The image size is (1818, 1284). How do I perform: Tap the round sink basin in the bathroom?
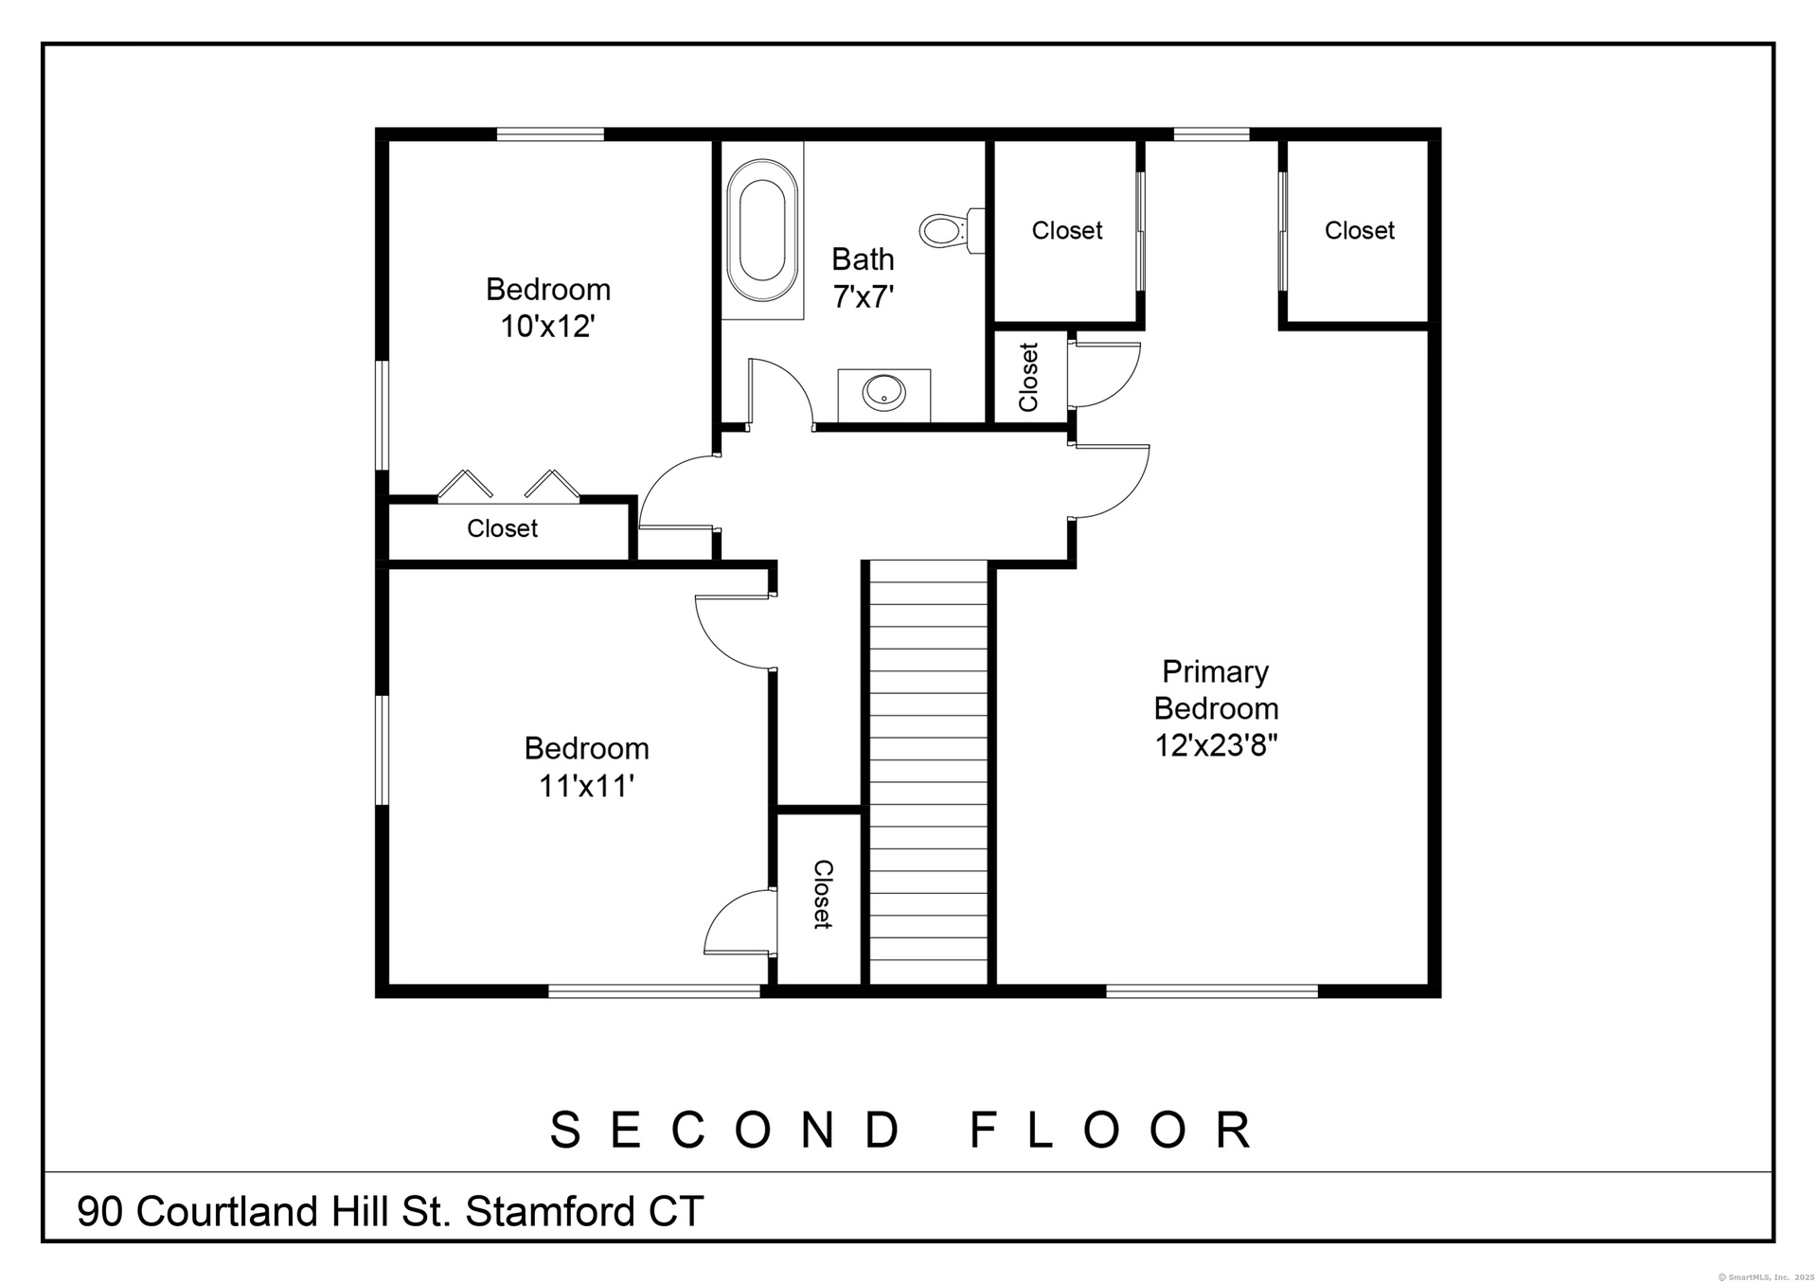click(884, 391)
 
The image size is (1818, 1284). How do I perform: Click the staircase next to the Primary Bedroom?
click(928, 773)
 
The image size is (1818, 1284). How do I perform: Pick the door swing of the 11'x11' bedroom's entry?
click(733, 632)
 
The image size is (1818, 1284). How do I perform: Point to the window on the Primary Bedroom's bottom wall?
click(1212, 990)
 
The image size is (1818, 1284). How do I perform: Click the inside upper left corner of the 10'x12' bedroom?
click(389, 142)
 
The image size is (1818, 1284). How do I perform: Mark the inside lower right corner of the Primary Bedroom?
click(1428, 985)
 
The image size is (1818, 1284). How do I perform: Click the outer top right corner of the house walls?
click(1441, 128)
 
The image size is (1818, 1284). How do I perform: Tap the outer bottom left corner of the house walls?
click(376, 997)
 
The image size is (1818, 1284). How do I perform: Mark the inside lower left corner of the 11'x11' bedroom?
click(389, 985)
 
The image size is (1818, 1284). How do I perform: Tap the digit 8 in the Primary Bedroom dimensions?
click(1256, 745)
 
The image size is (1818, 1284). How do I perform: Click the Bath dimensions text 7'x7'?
click(864, 296)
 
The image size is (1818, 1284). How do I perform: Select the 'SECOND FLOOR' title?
click(902, 1129)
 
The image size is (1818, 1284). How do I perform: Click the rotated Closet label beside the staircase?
click(822, 894)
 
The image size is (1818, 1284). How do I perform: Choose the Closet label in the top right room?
click(1360, 230)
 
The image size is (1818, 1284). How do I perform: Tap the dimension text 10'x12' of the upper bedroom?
click(548, 326)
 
